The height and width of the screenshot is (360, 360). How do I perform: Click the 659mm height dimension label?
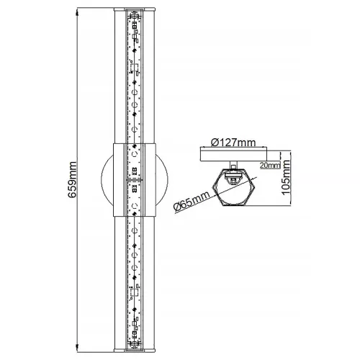coord(72,180)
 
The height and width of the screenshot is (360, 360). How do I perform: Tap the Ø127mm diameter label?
coord(233,143)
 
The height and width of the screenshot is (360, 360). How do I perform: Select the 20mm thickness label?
coord(270,165)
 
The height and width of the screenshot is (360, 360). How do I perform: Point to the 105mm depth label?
coord(286,178)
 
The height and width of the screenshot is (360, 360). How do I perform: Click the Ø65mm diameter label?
coord(192,201)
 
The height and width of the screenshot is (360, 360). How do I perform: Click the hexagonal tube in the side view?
coord(233,187)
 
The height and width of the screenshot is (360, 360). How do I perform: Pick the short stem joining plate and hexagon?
coord(233,165)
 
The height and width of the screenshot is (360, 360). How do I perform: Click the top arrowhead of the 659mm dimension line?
coord(77,12)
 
